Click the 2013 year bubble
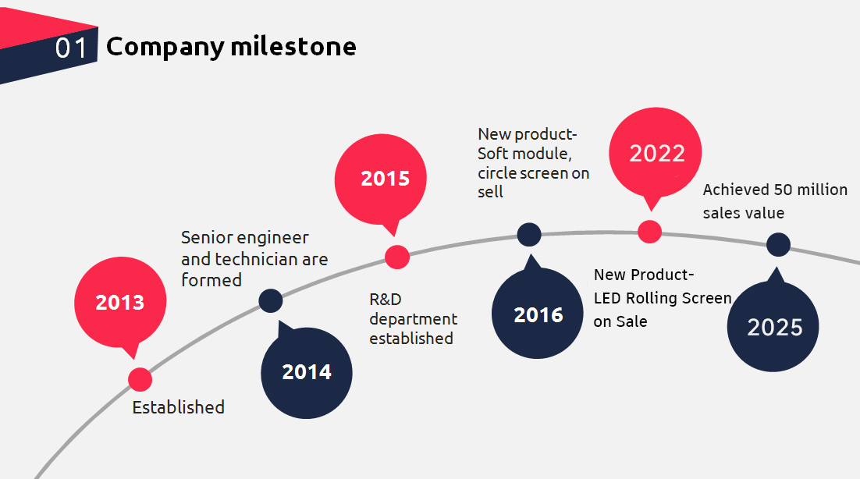120,303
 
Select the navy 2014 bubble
307,373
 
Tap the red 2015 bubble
385,179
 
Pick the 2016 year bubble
538,314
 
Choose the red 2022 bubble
656,154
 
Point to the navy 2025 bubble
773,327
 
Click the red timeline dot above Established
140,379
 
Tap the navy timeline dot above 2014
271,300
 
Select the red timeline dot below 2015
397,257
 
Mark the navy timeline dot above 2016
529,233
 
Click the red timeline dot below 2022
649,232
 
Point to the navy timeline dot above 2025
778,244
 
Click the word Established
178,407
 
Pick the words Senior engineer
245,237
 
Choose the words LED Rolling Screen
663,298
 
